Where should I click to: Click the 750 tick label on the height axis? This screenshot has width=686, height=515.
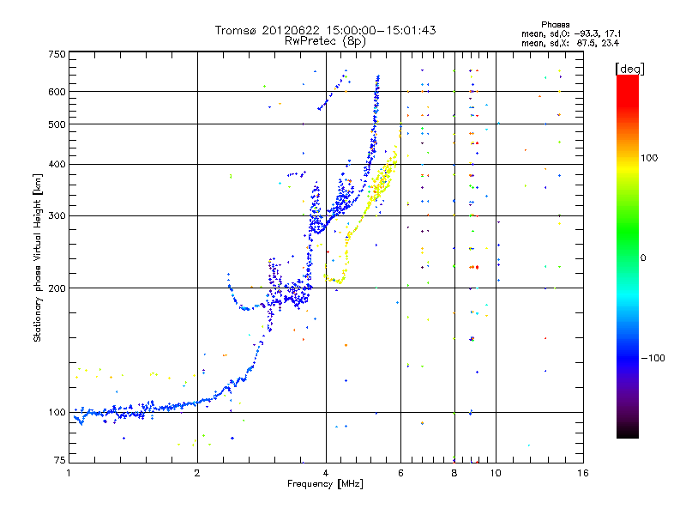tap(57, 54)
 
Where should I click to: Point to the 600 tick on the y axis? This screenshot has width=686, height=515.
tap(57, 92)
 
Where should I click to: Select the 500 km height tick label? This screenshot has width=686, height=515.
tap(57, 124)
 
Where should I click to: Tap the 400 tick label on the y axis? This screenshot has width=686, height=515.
tap(57, 164)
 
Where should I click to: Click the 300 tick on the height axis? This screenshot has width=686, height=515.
tap(57, 215)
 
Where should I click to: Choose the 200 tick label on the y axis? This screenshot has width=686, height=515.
tap(57, 288)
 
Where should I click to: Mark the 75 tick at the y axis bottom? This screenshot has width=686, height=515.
tap(59, 461)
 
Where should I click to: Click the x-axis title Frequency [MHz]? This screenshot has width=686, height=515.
tap(327, 484)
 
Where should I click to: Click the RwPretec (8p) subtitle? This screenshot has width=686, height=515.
tap(326, 39)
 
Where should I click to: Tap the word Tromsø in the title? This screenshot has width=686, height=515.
tap(237, 30)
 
